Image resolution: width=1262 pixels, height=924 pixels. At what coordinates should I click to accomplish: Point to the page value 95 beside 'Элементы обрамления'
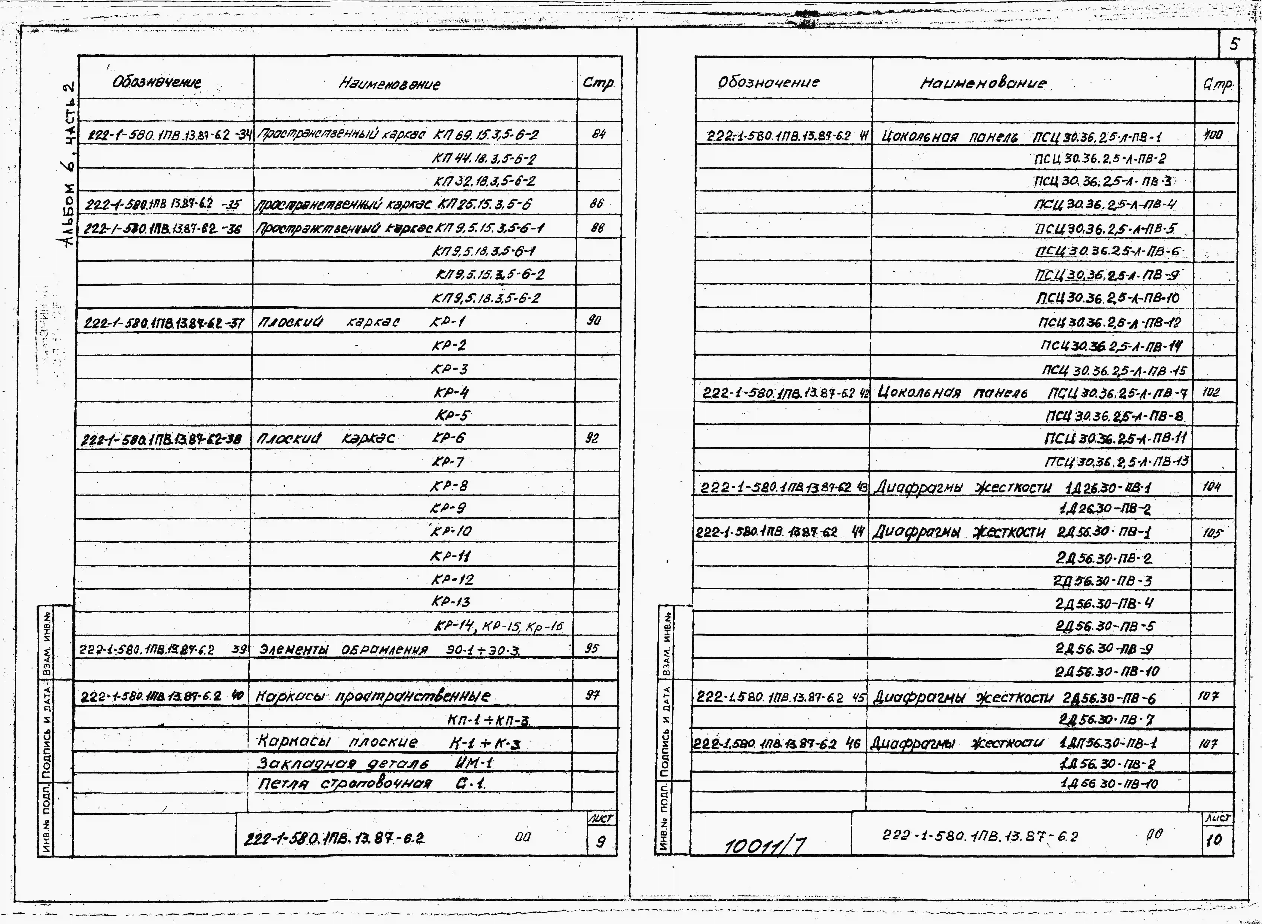tap(592, 648)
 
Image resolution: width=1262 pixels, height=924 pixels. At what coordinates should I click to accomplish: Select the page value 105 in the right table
tap(1212, 533)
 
